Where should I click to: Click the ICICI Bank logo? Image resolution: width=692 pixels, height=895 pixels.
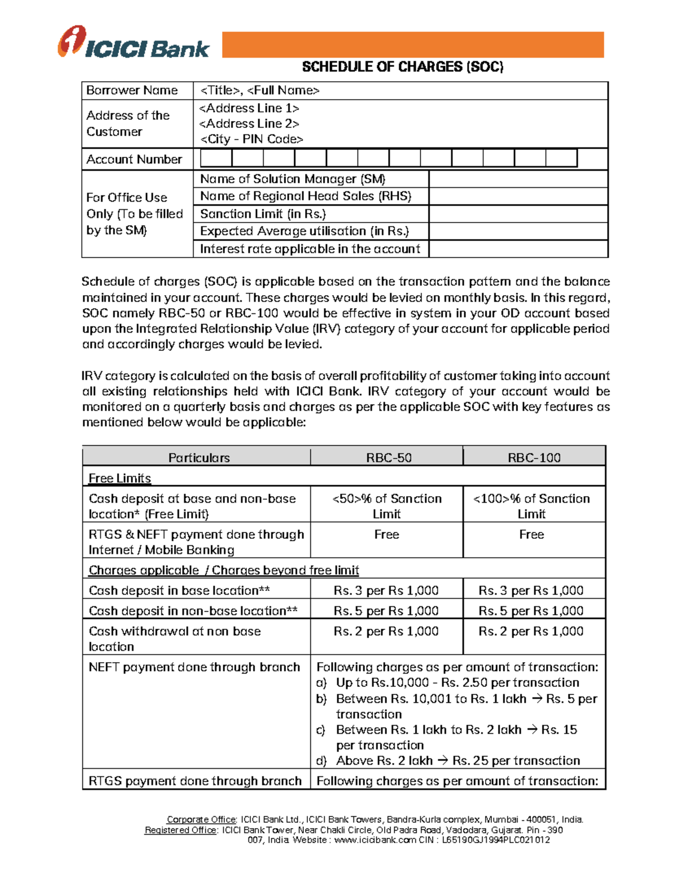point(133,43)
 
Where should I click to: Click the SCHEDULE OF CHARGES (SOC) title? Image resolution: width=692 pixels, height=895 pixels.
point(403,67)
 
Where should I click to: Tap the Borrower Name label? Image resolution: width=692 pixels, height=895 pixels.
point(132,90)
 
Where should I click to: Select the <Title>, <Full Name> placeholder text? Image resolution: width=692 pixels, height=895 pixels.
point(259,90)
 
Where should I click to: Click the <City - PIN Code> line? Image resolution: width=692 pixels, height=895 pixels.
point(251,139)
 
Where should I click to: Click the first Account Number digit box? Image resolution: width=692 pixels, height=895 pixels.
point(216,158)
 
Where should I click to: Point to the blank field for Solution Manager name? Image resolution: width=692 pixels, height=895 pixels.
point(518,179)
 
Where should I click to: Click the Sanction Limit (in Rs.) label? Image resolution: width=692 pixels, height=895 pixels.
point(263,214)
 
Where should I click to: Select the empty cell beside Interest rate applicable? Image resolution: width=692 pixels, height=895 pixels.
point(518,249)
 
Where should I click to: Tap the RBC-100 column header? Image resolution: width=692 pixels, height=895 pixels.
point(534,458)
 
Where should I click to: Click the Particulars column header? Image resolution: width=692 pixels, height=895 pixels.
point(199,458)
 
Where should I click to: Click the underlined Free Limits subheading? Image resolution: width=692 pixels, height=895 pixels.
point(120,478)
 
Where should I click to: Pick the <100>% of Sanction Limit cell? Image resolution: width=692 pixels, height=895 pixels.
point(531,506)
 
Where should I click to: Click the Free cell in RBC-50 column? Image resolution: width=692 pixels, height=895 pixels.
point(386,535)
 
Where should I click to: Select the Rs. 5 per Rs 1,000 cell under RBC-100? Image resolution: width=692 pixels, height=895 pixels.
point(531,611)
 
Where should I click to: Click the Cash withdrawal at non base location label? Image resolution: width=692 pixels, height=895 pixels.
point(175,639)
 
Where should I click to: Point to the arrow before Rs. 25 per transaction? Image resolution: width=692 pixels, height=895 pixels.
point(442,761)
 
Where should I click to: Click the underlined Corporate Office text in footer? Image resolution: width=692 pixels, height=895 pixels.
point(201,820)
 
